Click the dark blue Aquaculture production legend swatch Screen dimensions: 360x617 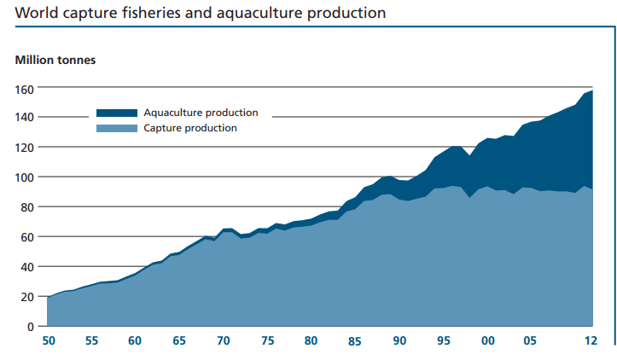click(116, 113)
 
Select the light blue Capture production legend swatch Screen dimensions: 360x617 click(116, 128)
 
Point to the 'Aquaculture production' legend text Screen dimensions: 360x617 click(201, 113)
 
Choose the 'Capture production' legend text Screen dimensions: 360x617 click(190, 128)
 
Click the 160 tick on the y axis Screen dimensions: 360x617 click(24, 88)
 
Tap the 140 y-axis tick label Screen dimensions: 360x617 click(24, 118)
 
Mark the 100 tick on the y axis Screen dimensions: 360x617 click(24, 177)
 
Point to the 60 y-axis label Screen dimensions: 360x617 click(27, 237)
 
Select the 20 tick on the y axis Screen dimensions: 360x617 click(27, 297)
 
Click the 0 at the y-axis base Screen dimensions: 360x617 click(30, 327)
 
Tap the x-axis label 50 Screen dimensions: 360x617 click(49, 341)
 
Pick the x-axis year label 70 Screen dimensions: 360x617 click(224, 341)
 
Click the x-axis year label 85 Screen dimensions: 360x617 click(355, 341)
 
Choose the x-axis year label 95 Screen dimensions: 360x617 click(444, 341)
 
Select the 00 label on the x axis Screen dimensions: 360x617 click(488, 341)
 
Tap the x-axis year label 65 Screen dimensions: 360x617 click(180, 341)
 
